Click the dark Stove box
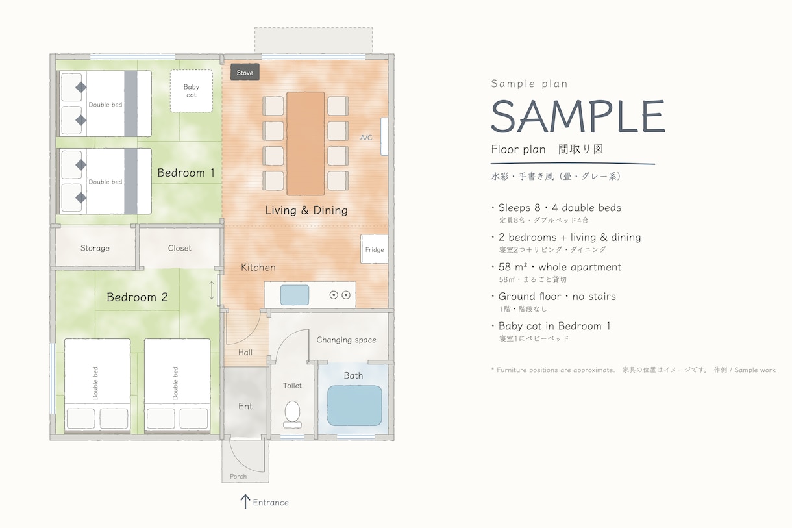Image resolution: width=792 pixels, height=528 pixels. pyautogui.click(x=245, y=72)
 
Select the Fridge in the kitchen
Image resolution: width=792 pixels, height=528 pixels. pyautogui.click(x=374, y=249)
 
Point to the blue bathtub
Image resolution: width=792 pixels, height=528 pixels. pyautogui.click(x=354, y=406)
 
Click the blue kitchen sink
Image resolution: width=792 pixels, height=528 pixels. pyautogui.click(x=295, y=295)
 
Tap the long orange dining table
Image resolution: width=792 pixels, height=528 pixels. pyautogui.click(x=306, y=144)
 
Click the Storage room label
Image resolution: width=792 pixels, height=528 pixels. pyautogui.click(x=95, y=248)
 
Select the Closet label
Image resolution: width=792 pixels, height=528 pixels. pyautogui.click(x=179, y=248)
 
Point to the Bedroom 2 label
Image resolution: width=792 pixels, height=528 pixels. pyautogui.click(x=137, y=297)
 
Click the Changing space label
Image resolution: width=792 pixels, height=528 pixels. pyautogui.click(x=346, y=340)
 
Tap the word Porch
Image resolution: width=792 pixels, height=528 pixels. pyautogui.click(x=238, y=476)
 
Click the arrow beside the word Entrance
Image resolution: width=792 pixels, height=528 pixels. pyautogui.click(x=245, y=501)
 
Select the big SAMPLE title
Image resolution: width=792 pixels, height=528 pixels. pyautogui.click(x=578, y=116)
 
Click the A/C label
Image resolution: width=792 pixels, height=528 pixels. pyautogui.click(x=366, y=138)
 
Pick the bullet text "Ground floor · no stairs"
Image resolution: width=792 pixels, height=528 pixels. pyautogui.click(x=557, y=296)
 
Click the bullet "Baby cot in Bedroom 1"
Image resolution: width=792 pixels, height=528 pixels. pyautogui.click(x=554, y=326)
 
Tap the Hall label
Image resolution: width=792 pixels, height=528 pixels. pyautogui.click(x=245, y=352)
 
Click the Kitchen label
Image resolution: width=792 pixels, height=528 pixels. pyautogui.click(x=258, y=268)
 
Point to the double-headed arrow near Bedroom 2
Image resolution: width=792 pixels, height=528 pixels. pyautogui.click(x=212, y=290)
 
